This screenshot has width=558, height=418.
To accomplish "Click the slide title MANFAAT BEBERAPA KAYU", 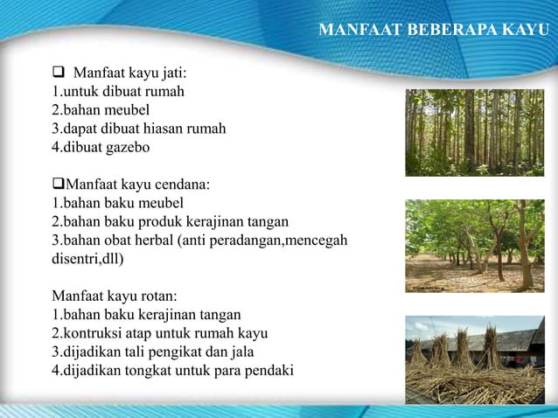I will [x=434, y=31].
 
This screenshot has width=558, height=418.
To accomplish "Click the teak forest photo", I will [x=475, y=133].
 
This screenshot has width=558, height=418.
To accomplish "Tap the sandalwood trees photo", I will [x=475, y=246].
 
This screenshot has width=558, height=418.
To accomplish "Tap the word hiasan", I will [x=164, y=129].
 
